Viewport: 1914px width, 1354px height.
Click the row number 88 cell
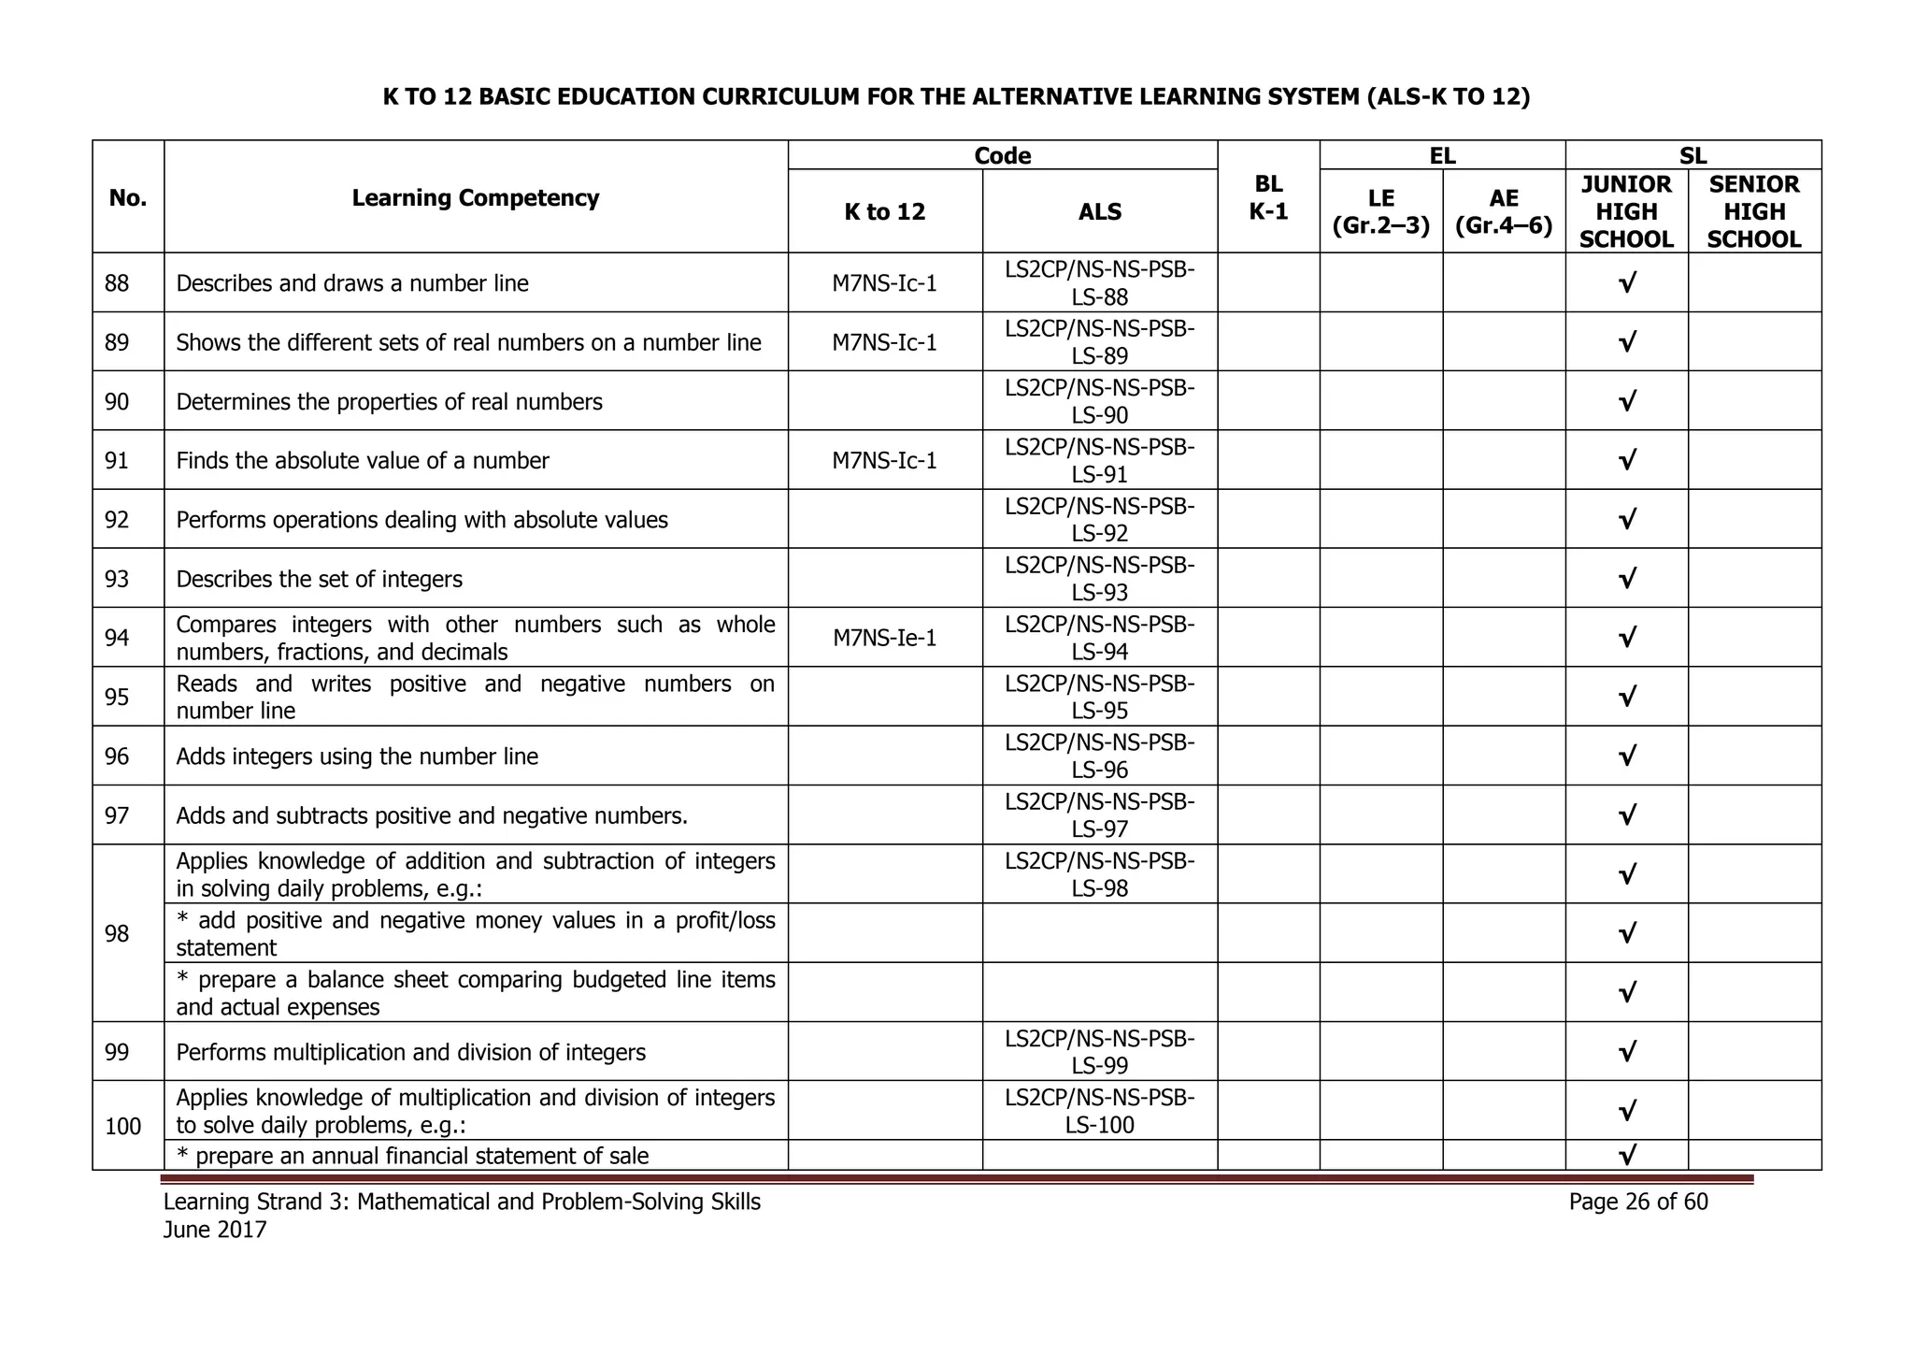117,283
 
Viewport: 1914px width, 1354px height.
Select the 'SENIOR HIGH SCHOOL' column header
1753,211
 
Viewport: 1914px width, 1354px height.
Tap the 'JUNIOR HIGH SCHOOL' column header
1626,211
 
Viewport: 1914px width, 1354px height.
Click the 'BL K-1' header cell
1268,197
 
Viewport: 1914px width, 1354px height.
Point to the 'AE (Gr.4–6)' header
1503,211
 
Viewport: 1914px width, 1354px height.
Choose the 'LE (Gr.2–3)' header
1380,211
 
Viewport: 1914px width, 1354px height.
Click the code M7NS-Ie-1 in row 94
884,638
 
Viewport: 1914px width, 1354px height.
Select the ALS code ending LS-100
1099,1111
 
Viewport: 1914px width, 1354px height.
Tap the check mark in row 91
1626,460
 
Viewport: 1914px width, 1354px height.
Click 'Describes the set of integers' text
319,579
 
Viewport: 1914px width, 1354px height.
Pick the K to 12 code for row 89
884,342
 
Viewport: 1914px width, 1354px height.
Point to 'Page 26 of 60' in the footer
1637,1202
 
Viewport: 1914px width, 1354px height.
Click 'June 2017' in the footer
215,1230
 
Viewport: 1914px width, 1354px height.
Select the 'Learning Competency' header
475,198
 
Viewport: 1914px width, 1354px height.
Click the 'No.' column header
128,198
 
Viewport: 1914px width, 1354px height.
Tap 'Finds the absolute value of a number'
362,461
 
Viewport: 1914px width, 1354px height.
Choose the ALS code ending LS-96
1099,756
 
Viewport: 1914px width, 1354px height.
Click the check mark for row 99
1626,1052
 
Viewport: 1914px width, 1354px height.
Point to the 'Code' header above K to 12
1002,155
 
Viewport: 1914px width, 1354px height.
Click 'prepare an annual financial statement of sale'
421,1156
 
